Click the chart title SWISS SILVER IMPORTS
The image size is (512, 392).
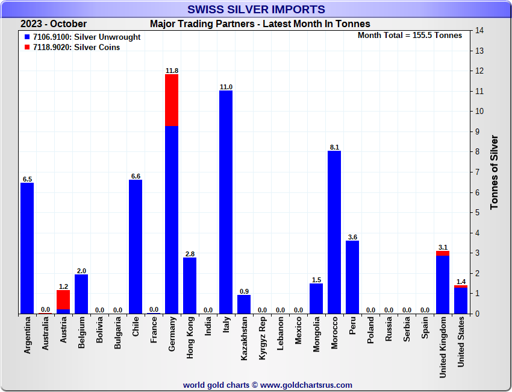[256, 9]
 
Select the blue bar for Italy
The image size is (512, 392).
[226, 202]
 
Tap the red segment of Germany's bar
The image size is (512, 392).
[172, 100]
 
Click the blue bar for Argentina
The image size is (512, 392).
[27, 248]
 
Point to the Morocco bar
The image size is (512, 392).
[334, 232]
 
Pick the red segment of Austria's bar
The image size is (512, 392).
[63, 300]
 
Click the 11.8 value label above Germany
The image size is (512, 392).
[172, 71]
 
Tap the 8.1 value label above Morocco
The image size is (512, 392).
[334, 147]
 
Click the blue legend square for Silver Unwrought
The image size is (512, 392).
[27, 37]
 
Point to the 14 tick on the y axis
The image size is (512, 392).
[479, 30]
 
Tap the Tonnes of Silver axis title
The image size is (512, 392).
[495, 172]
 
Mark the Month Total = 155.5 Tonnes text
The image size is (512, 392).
[410, 35]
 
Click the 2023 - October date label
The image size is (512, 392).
[54, 24]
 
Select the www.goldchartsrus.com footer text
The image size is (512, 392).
[307, 385]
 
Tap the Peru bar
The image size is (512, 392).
[352, 277]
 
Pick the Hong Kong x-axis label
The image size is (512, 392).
[190, 343]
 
